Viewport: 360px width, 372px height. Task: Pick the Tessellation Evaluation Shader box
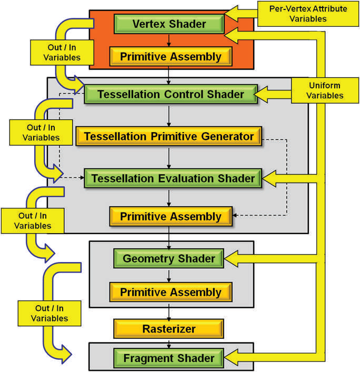[x=173, y=178]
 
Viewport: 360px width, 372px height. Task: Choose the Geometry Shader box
[x=168, y=258]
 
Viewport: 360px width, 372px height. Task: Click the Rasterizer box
[x=168, y=329]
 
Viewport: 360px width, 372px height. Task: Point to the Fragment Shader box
[x=168, y=358]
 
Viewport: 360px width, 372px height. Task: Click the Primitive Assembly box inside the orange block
[x=171, y=56]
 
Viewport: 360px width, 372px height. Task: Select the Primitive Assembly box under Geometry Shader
[x=171, y=292]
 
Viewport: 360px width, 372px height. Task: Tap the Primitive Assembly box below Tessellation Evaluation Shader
[x=171, y=216]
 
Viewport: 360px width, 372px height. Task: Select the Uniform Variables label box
[x=324, y=90]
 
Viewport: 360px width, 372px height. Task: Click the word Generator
[x=228, y=137]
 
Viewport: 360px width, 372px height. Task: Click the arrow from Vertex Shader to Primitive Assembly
[x=168, y=40]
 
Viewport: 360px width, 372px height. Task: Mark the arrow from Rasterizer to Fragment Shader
[x=168, y=344]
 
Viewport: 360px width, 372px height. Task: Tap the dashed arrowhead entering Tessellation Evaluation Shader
[x=82, y=178]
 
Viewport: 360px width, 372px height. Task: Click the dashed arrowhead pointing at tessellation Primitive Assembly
[x=235, y=216]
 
